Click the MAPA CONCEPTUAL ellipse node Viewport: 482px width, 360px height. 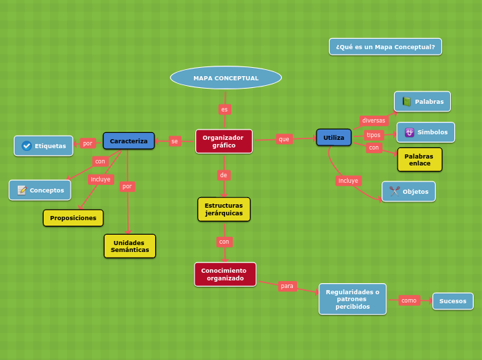tap(226, 78)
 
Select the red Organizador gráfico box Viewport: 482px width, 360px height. tap(224, 141)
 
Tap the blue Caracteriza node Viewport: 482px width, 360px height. tap(129, 141)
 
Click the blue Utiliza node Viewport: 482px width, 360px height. tap(334, 137)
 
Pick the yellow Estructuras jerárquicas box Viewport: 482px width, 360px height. tap(224, 209)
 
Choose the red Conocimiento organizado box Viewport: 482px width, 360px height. tap(225, 274)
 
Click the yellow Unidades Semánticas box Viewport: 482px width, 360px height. tap(130, 246)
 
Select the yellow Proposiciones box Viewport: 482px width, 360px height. tap(73, 217)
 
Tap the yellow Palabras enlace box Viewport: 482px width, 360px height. tap(419, 159)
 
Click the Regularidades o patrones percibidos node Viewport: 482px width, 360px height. tap(352, 299)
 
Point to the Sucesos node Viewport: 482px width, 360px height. tap(453, 300)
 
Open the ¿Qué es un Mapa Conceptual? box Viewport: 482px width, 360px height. tap(385, 46)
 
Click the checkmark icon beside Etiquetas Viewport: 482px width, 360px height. tap(26, 145)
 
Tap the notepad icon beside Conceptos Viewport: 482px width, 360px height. tap(21, 190)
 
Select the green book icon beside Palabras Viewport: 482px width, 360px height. tap(407, 101)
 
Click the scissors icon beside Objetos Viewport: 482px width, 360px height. tap(394, 191)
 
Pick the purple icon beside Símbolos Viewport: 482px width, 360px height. tap(409, 132)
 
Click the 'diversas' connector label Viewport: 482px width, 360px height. tap(373, 120)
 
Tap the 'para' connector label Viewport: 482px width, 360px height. tap(287, 285)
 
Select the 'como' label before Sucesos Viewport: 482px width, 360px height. tap(409, 300)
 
